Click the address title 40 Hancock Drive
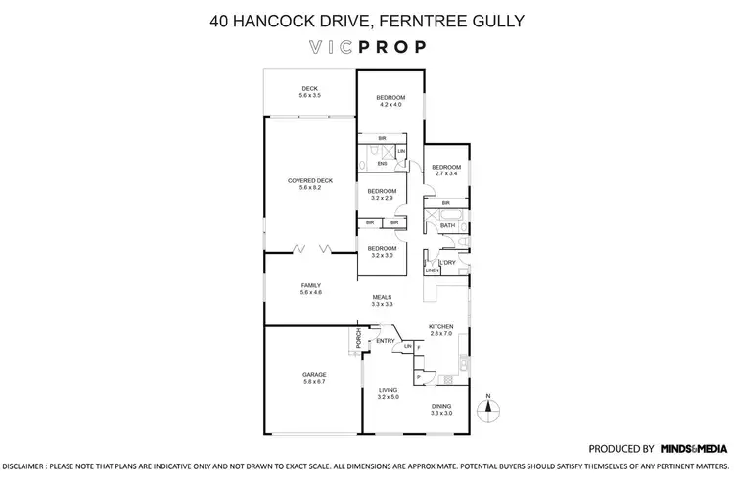tap(366, 19)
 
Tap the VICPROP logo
tap(366, 46)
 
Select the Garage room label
tap(313, 378)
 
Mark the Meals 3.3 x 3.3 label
tap(382, 301)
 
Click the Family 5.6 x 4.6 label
tap(310, 289)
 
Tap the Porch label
tap(358, 338)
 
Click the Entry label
tap(386, 341)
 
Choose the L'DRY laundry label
tap(447, 263)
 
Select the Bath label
tap(447, 225)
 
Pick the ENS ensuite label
tap(369, 163)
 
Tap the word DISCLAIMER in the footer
tap(24, 467)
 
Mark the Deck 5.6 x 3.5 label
tap(310, 93)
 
